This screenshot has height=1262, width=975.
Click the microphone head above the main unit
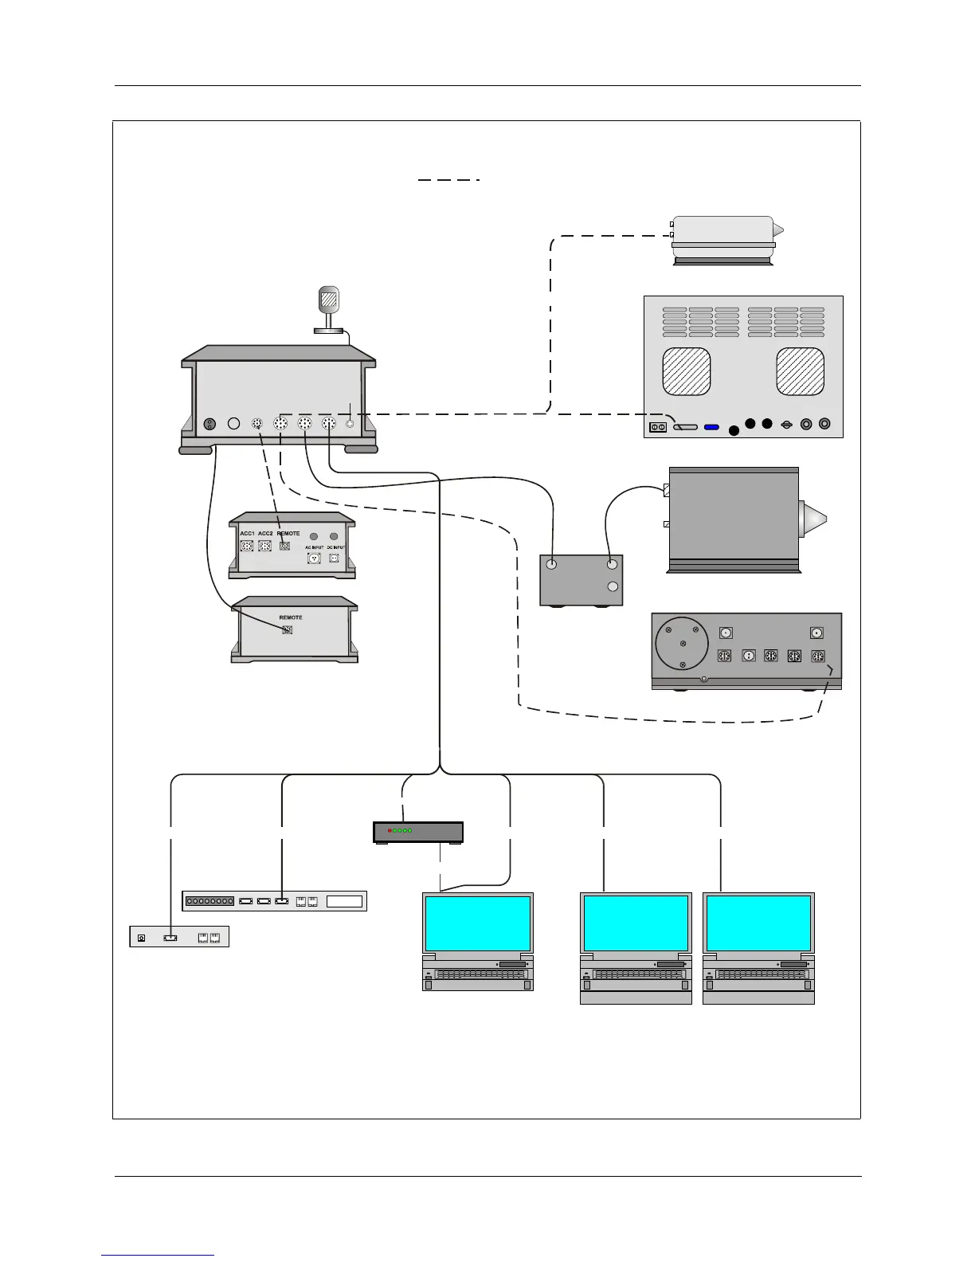point(328,300)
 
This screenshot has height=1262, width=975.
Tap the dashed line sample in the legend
point(448,180)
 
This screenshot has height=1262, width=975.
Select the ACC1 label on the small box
point(247,533)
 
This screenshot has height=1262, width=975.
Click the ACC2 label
point(265,533)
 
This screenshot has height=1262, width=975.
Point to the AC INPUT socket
point(314,558)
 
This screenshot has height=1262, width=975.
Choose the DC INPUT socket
point(334,558)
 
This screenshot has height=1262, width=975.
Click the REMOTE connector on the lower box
point(288,629)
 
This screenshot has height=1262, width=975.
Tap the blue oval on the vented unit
point(711,427)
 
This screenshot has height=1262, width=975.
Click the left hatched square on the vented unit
point(686,371)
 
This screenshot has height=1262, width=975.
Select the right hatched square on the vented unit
point(800,371)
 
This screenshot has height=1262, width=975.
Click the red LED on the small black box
point(390,831)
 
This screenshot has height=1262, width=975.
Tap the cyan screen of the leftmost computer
point(477,923)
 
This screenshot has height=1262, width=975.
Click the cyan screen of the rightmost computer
point(758,923)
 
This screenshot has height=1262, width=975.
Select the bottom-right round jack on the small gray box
point(612,587)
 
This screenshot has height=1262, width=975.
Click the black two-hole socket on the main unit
point(209,424)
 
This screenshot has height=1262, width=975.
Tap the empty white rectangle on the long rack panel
point(344,902)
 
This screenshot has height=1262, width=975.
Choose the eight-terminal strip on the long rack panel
point(209,902)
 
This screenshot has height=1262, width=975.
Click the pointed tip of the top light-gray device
point(779,231)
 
